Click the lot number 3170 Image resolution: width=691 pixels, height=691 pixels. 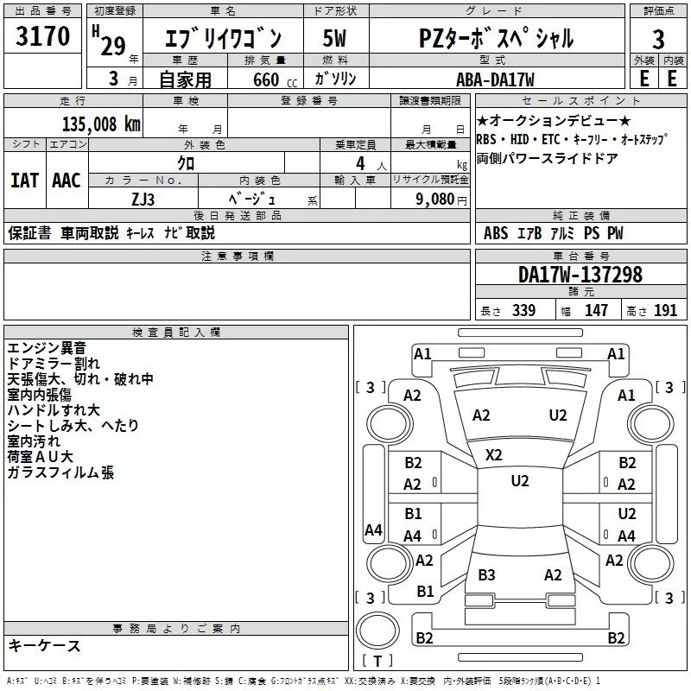(x=42, y=37)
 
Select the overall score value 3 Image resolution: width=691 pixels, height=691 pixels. (x=658, y=39)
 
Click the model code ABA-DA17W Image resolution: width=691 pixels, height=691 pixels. (x=495, y=79)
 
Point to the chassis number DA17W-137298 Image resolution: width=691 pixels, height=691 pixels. (x=580, y=275)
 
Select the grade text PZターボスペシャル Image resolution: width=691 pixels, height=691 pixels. (x=496, y=38)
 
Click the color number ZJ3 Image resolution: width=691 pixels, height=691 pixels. (x=143, y=199)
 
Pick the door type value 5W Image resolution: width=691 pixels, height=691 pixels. (x=334, y=38)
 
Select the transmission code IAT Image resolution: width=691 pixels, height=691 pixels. (x=24, y=180)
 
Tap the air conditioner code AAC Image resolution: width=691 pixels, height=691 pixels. (x=66, y=180)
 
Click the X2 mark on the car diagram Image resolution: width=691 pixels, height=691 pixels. (x=494, y=454)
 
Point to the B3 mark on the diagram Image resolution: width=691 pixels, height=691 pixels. (x=486, y=574)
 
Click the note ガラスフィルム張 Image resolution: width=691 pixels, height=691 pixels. (x=60, y=472)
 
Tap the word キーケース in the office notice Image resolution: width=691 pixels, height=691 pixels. (x=45, y=645)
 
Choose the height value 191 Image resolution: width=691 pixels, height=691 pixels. (x=665, y=311)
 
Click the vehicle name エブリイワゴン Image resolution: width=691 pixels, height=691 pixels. (x=223, y=38)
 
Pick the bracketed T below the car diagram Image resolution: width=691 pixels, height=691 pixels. (x=377, y=661)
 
